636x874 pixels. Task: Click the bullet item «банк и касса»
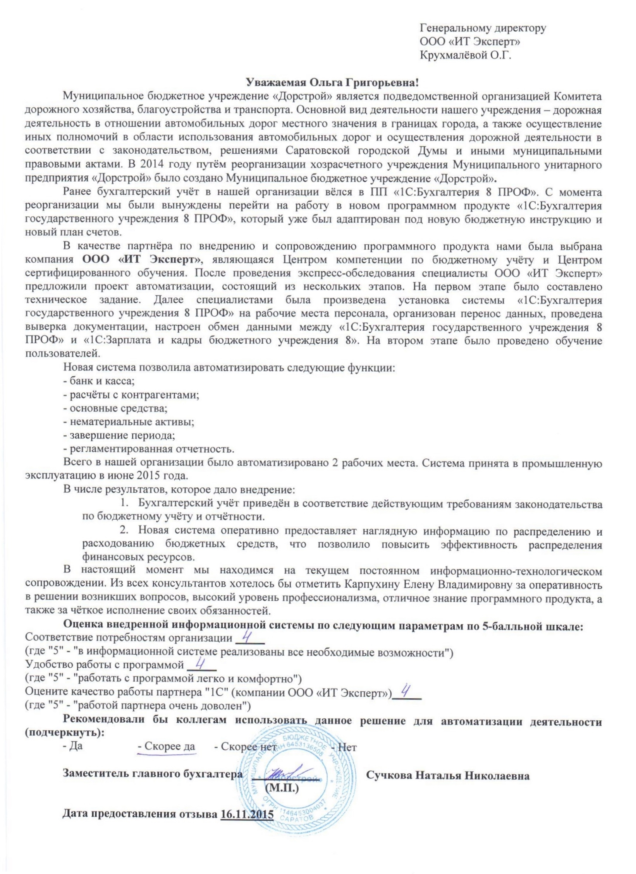click(x=98, y=381)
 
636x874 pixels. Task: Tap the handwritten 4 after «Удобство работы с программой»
click(x=201, y=663)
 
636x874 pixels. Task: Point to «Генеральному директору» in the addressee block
click(x=483, y=28)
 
